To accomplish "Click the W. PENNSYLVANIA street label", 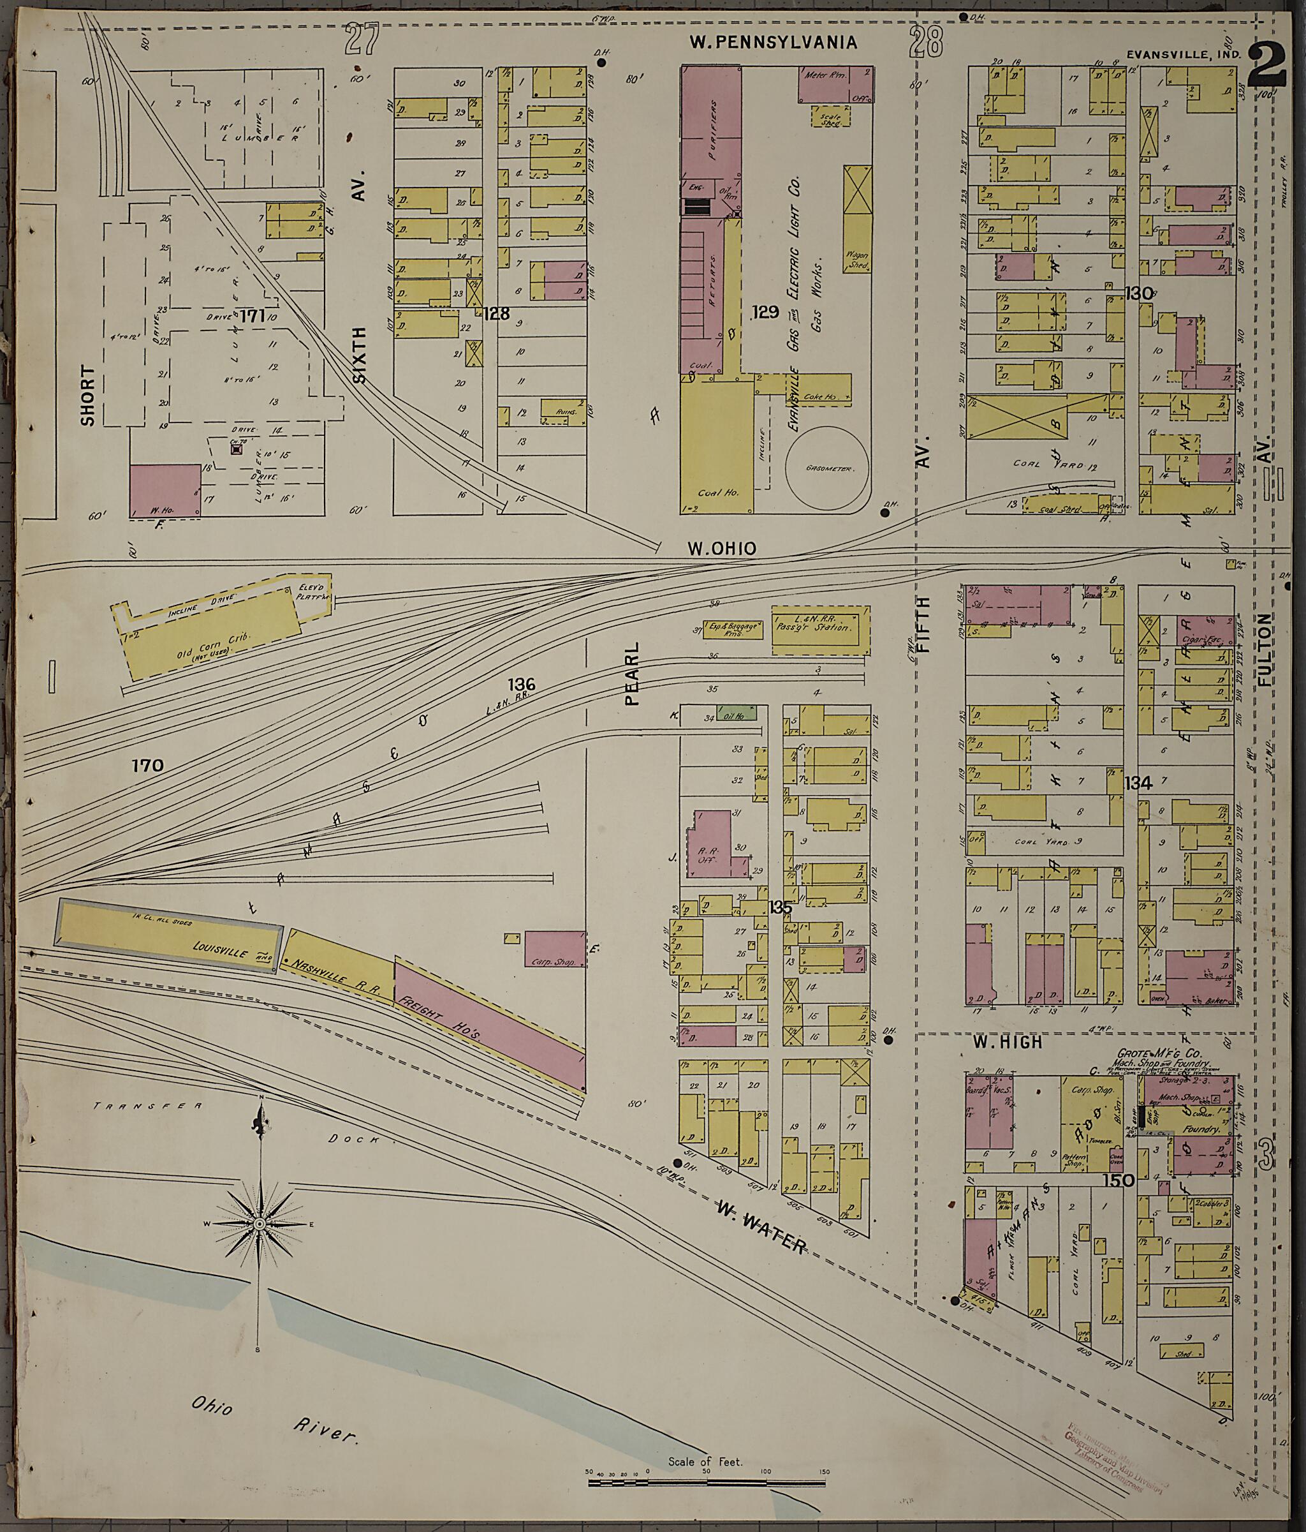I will click(x=773, y=42).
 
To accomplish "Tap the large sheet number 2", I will click(x=1267, y=65).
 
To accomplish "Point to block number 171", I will click(x=251, y=316).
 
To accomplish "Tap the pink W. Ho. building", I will click(x=165, y=490).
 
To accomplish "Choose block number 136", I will click(x=521, y=685).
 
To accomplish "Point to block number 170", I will click(x=147, y=765).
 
